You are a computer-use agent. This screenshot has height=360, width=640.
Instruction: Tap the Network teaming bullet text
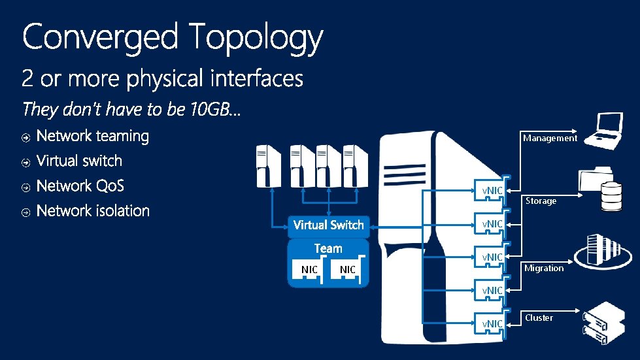93,136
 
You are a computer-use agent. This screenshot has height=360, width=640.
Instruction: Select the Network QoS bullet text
80,186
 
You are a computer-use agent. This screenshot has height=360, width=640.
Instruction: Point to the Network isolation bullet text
93,211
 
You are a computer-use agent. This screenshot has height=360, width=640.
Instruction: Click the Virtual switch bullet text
79,161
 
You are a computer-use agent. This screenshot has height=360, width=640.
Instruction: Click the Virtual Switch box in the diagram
328,225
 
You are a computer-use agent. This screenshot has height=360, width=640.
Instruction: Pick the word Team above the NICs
328,248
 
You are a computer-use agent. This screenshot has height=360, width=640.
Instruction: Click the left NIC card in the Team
309,270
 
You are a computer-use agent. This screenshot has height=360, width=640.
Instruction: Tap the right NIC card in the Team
348,270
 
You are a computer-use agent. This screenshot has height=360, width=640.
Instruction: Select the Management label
550,138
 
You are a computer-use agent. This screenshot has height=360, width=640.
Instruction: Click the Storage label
541,201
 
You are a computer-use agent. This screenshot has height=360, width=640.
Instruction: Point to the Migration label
543,268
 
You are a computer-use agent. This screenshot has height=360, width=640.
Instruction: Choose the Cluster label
539,318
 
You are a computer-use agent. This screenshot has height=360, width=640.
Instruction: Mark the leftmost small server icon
269,166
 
